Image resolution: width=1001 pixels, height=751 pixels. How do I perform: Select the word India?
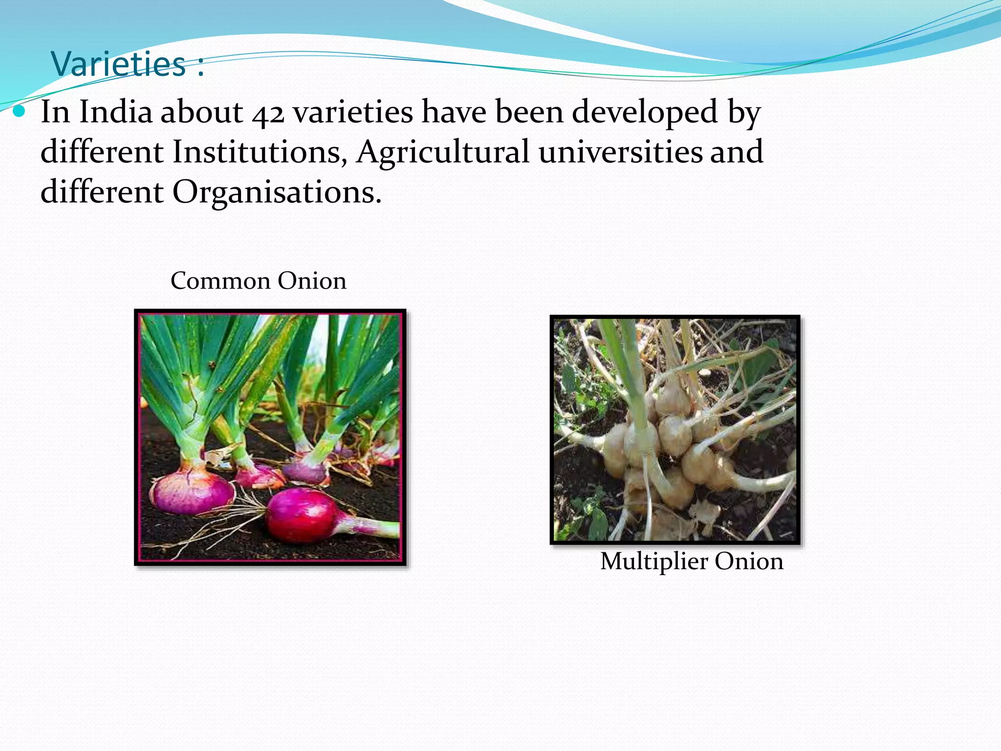[x=116, y=112]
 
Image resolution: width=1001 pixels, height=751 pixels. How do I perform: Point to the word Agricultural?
[x=443, y=152]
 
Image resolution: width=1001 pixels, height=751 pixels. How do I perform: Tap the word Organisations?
[x=277, y=192]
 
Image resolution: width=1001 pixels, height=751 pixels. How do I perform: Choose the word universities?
[x=620, y=152]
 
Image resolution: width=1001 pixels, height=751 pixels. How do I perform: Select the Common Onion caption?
[x=259, y=281]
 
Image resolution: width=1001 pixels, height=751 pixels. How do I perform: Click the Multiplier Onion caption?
[x=692, y=561]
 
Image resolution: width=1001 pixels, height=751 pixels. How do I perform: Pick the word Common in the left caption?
[x=220, y=281]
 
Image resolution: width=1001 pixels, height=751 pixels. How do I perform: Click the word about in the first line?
[x=202, y=112]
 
